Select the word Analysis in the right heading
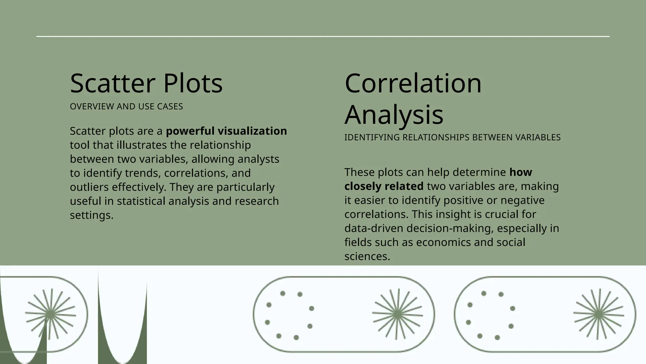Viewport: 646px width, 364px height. (394, 114)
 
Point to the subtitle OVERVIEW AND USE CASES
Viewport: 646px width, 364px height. (126, 106)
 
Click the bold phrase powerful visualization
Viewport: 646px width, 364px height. (226, 131)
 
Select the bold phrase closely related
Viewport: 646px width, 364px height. (384, 186)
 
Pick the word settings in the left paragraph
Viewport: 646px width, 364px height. (91, 215)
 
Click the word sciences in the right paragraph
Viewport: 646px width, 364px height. (367, 256)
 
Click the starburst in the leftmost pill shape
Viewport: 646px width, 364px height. (50, 314)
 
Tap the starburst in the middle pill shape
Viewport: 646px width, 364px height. (397, 314)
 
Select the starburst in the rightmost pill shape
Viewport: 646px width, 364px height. (598, 314)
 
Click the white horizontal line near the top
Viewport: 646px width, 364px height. (323, 36)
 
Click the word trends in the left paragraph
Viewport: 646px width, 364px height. (143, 173)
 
